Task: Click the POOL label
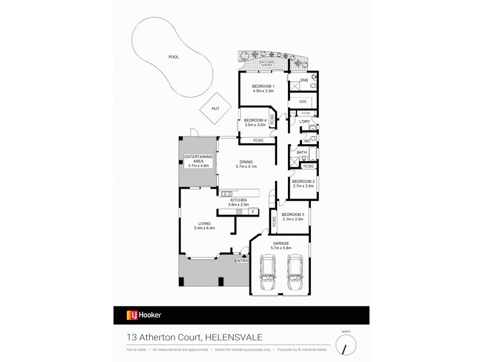pos(174,57)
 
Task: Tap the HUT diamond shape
pos(215,109)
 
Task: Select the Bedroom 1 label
pos(263,87)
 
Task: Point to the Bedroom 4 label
pos(255,121)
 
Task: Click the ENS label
pos(304,80)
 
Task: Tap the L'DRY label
pos(305,122)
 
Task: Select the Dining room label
pos(246,162)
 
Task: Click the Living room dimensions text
pos(205,228)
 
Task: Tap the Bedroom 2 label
pos(302,181)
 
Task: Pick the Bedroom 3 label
pos(292,215)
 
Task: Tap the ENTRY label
pos(241,261)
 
